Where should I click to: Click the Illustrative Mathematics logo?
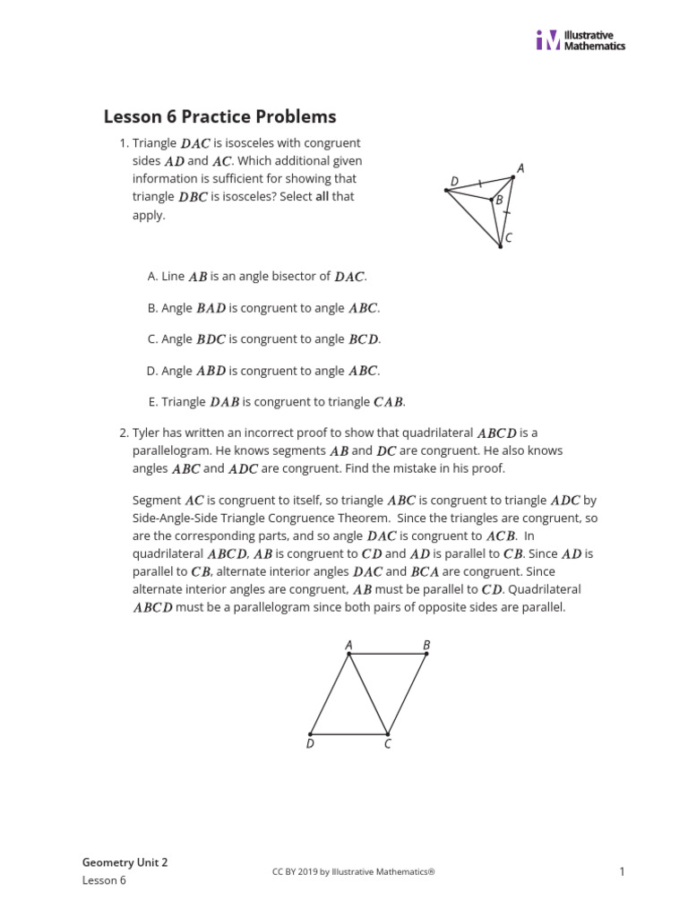tap(580, 40)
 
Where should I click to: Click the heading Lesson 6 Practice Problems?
tap(219, 116)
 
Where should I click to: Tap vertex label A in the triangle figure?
tap(520, 167)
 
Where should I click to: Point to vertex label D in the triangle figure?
tap(454, 181)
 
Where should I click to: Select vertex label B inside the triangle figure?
tap(499, 201)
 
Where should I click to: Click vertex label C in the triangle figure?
tap(508, 238)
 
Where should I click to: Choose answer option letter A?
tap(152, 277)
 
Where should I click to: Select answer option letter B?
tap(152, 308)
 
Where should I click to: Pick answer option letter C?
tap(152, 339)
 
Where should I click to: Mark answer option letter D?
tap(152, 371)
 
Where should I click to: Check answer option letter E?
tap(152, 402)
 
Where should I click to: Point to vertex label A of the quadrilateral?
tap(348, 644)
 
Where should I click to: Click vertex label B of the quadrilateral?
tap(426, 644)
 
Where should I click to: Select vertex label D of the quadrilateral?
tap(310, 744)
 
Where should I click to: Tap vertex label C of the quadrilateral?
tap(388, 744)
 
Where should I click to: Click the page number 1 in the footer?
tap(621, 871)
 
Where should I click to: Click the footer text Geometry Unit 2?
tap(125, 862)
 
